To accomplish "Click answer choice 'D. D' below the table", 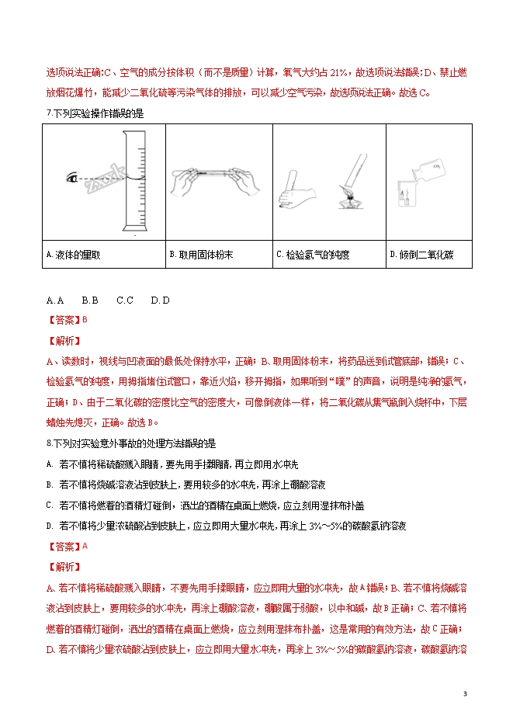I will pyautogui.click(x=160, y=300).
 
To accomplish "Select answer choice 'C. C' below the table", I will pyautogui.click(x=125, y=300).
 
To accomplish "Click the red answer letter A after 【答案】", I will pyautogui.click(x=85, y=545).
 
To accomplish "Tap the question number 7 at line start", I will pyautogui.click(x=49, y=114).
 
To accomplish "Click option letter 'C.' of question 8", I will pyautogui.click(x=49, y=505).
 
